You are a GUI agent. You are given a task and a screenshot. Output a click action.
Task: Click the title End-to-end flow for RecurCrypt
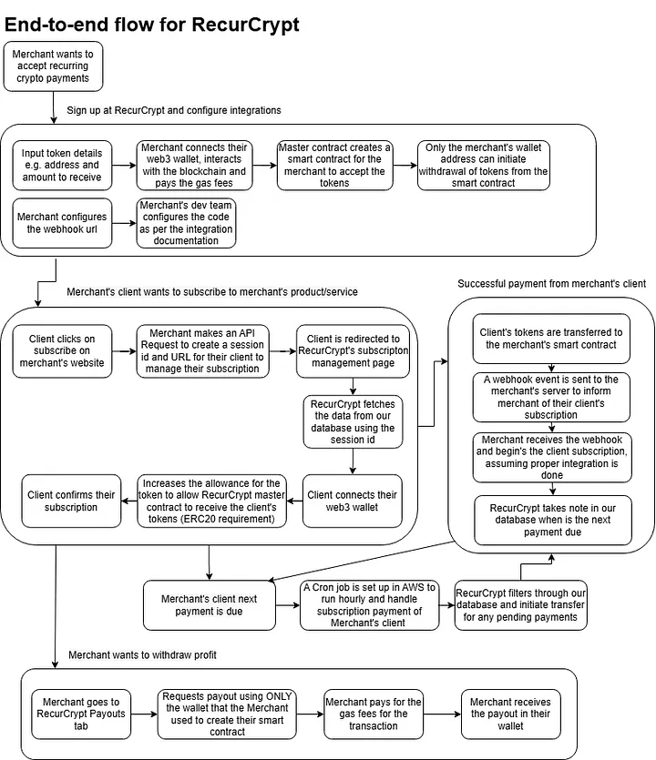pos(152,25)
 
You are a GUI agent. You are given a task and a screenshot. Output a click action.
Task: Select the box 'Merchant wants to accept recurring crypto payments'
pos(53,66)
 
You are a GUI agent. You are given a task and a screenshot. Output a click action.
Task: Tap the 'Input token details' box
pos(62,166)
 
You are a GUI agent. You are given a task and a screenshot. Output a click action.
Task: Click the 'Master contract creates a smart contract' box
pos(334,166)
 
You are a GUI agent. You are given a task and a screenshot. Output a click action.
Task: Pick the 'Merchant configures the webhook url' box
pos(62,223)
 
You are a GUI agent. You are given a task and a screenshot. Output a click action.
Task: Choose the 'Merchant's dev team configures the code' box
pos(186,223)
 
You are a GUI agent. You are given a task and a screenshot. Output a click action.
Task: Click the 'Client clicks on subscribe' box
pos(62,351)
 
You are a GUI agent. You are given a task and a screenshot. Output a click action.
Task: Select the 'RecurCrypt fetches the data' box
pos(353,421)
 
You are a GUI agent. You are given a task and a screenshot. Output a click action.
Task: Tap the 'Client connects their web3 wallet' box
pos(353,502)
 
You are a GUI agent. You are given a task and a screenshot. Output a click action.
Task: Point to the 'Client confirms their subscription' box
pos(71,502)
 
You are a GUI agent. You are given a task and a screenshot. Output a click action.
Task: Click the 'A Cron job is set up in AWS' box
pos(369,605)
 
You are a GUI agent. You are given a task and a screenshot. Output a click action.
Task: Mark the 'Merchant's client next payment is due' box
pos(210,605)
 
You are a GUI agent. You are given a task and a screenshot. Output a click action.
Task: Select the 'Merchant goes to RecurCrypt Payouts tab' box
pos(81,714)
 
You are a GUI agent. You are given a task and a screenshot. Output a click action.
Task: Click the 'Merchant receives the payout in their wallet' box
pos(511,714)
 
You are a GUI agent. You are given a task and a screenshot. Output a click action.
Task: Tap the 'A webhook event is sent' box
pos(551,397)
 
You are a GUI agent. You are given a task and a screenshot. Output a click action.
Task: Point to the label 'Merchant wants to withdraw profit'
pos(142,655)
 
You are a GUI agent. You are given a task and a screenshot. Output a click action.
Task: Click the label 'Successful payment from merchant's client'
pos(552,284)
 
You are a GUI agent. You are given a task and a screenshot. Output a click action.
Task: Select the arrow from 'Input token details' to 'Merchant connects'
pos(124,166)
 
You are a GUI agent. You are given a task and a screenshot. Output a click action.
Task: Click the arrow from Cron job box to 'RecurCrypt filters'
pos(446,605)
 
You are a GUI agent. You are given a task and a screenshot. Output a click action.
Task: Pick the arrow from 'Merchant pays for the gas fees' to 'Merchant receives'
pos(442,714)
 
